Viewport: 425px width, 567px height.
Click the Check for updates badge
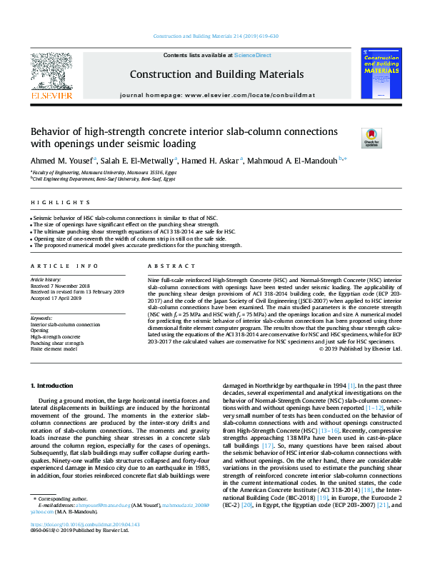point(372,136)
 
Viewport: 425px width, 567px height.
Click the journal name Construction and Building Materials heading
point(216,74)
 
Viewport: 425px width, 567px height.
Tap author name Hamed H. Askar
point(211,161)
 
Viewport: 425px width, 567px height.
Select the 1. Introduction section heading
point(54,386)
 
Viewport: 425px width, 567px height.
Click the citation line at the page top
point(216,36)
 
